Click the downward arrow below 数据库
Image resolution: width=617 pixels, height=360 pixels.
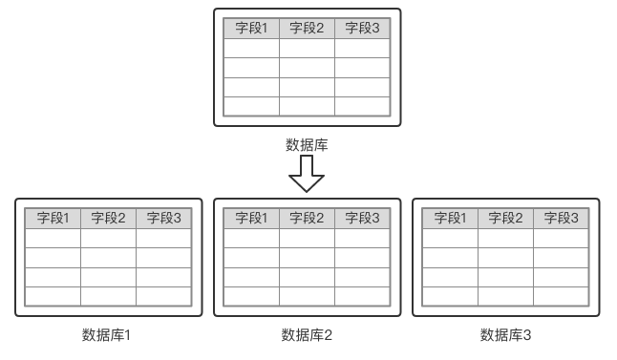pyautogui.click(x=307, y=174)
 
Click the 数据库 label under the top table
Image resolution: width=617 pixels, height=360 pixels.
pyautogui.click(x=307, y=145)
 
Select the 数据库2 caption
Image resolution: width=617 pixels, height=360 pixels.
pyautogui.click(x=307, y=335)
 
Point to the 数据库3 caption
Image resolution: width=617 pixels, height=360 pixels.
pyautogui.click(x=505, y=335)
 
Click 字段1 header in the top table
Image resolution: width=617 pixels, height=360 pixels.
pyautogui.click(x=252, y=29)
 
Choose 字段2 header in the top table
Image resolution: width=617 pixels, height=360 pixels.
pyautogui.click(x=307, y=29)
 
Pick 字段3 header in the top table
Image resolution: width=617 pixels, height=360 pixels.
pyautogui.click(x=362, y=29)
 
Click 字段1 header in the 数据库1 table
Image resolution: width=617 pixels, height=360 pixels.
pyautogui.click(x=53, y=219)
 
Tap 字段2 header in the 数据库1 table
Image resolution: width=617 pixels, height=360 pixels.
pyautogui.click(x=108, y=219)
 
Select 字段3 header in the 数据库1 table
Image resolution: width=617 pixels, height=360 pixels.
pyautogui.click(x=163, y=219)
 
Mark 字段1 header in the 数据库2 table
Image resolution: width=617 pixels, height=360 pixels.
pyautogui.click(x=252, y=219)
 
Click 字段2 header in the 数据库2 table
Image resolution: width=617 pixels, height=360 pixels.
pyautogui.click(x=307, y=219)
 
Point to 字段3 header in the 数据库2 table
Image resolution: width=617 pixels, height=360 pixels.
pyautogui.click(x=362, y=219)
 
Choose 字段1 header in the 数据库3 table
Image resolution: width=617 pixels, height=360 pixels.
pyautogui.click(x=451, y=219)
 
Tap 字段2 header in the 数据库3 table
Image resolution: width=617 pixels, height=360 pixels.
pyautogui.click(x=505, y=219)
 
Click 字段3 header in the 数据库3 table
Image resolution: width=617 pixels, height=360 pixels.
pyautogui.click(x=561, y=219)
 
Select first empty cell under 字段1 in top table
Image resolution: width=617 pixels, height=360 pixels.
pyautogui.click(x=252, y=48)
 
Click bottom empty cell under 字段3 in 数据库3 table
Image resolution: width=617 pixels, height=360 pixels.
pyautogui.click(x=561, y=296)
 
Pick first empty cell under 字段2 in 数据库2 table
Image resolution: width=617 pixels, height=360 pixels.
pyautogui.click(x=307, y=238)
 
